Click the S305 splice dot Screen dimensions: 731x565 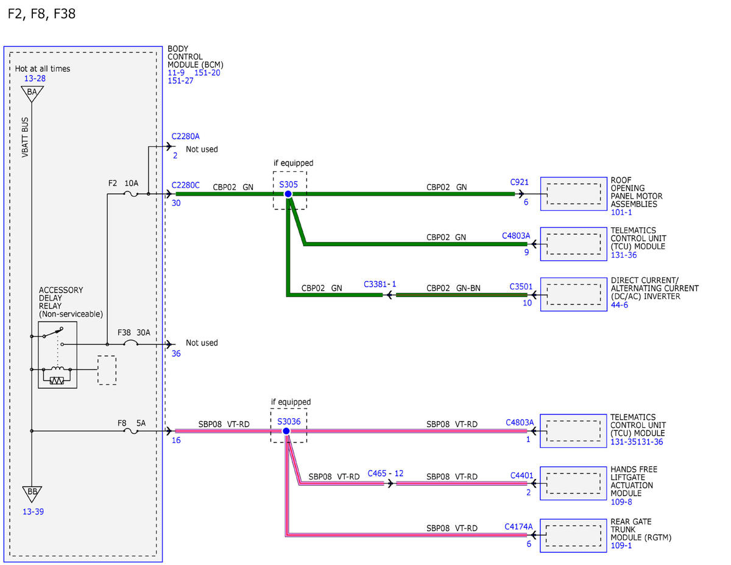tap(288, 194)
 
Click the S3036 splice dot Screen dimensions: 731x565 tap(286, 431)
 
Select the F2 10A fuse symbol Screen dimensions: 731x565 tap(131, 194)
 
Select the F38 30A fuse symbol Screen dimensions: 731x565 tap(130, 343)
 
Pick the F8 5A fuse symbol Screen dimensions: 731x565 tap(131, 432)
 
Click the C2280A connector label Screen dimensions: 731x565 tap(185, 137)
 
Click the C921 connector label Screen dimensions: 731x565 tap(519, 182)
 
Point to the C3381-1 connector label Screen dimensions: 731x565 tap(380, 284)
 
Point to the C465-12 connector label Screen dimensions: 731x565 tap(385, 473)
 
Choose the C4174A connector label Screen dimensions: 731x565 tap(518, 527)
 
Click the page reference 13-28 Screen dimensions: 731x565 tap(35, 79)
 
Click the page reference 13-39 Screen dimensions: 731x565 tap(33, 511)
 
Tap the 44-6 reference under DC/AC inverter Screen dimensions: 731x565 tap(620, 305)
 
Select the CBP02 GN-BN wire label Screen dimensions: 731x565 tap(453, 288)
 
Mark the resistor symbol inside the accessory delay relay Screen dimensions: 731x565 tap(57, 381)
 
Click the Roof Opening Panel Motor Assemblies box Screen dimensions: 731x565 tap(574, 194)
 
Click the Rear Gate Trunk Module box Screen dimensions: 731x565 tap(573, 536)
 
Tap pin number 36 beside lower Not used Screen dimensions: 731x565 tap(176, 354)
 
